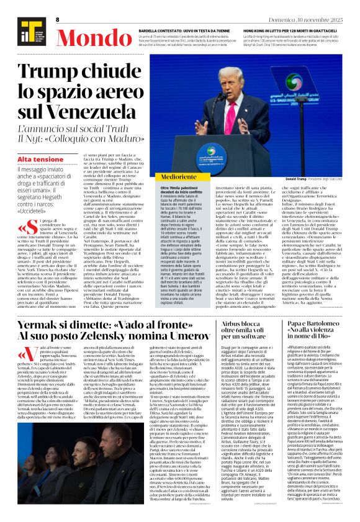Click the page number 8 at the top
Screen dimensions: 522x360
57,20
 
